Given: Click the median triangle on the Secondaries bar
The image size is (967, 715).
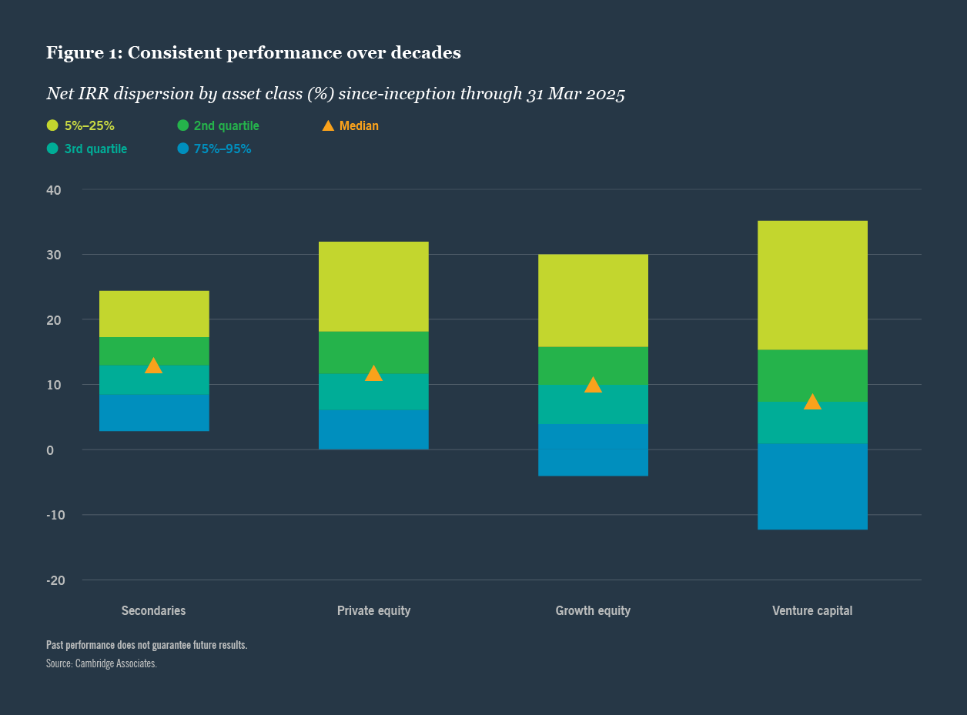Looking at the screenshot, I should tap(153, 366).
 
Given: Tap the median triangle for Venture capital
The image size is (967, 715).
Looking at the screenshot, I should tap(812, 402).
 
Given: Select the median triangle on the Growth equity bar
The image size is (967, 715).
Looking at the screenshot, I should tap(593, 385).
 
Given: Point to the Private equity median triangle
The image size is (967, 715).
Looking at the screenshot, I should tap(373, 374).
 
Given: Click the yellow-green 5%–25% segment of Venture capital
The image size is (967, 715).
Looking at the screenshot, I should tap(812, 285).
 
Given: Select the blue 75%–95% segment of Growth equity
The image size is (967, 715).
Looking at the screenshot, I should tap(593, 450).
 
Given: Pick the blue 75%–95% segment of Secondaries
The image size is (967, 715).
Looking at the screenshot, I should tap(153, 413).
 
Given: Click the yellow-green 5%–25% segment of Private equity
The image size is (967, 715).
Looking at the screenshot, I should tap(373, 286).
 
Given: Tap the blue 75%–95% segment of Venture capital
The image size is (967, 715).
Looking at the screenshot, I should tap(812, 486).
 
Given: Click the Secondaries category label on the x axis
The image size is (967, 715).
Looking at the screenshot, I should tap(153, 611).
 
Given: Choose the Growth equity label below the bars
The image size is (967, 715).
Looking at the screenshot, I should tap(593, 611).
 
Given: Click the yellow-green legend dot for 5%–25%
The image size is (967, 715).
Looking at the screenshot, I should tap(52, 125).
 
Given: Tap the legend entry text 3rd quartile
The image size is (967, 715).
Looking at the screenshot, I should tap(95, 149).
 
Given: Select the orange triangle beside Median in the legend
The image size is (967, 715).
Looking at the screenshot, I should tap(328, 125).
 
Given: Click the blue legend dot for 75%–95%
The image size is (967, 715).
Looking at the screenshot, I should tap(182, 149).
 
